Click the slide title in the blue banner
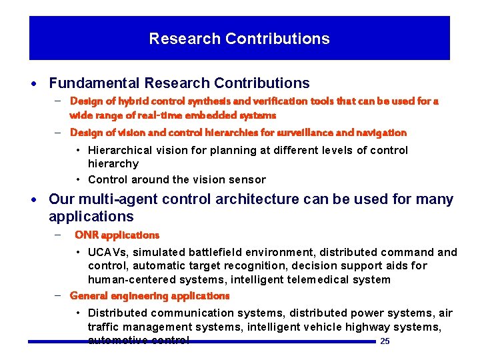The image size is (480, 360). coord(239,39)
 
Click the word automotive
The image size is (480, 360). coord(115,340)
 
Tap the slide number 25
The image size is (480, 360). coord(384,342)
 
